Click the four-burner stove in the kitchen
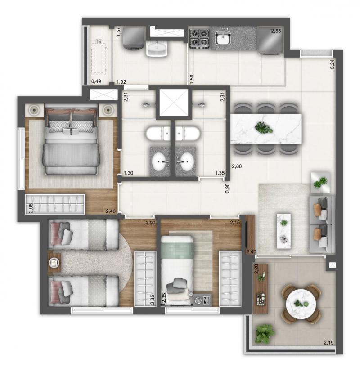[199, 39]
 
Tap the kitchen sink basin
[223, 38]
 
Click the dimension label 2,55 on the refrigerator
[276, 31]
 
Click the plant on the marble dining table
[264, 128]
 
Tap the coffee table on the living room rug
[284, 231]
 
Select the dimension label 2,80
[237, 166]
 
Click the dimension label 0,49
[96, 81]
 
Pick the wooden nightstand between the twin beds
[54, 262]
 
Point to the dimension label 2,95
[31, 208]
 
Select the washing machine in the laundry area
[134, 38]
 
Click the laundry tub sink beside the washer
[157, 48]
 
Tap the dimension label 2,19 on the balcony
[329, 343]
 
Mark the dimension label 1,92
[121, 82]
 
